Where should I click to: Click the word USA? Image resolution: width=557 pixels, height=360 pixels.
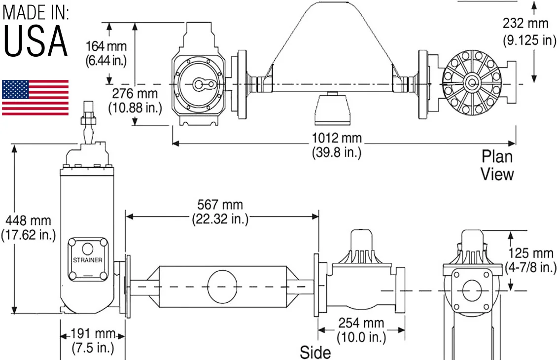point(35,41)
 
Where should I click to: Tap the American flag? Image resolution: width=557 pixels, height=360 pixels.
point(35,98)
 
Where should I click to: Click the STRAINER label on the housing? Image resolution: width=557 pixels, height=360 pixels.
point(88,260)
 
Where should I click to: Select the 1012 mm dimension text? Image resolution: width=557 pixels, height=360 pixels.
point(337,138)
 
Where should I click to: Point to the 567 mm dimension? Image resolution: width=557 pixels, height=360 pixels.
point(220,205)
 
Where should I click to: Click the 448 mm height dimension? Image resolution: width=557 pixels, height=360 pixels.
point(28,221)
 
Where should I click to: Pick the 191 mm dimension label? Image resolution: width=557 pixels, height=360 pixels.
point(93,334)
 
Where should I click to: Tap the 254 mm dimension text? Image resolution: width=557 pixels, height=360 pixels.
point(361,323)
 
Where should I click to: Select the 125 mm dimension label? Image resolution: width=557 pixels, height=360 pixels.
point(531,253)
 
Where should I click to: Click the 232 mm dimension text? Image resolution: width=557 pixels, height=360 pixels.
point(526,24)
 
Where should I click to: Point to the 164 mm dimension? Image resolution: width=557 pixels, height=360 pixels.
point(106,46)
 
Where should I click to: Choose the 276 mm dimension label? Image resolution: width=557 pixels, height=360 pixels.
point(135,94)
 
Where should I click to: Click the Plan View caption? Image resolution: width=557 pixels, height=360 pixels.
point(497,165)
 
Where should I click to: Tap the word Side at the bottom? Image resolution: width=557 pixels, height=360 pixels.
point(315,352)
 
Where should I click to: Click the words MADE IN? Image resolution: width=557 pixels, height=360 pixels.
point(36,12)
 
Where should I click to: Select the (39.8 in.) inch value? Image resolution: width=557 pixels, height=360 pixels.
point(337,152)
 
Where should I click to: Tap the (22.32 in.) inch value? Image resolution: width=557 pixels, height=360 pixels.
point(220,219)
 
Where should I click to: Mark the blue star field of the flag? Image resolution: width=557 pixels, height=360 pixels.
point(15,90)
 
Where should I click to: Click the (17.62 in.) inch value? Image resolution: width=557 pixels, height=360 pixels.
point(29,235)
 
